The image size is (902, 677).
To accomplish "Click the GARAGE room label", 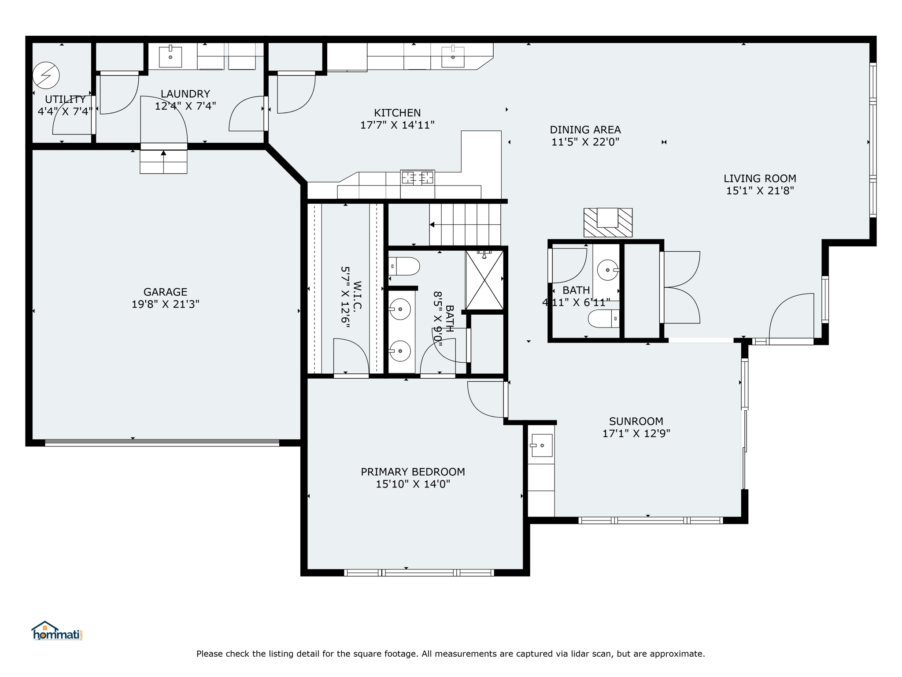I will [x=165, y=292].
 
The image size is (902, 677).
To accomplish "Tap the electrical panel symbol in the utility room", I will [x=46, y=75].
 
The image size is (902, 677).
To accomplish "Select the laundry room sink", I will [x=170, y=57].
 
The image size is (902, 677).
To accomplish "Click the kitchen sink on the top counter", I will [x=453, y=57].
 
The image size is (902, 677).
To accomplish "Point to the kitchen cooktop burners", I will [x=417, y=178].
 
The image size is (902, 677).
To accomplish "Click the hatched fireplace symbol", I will [x=608, y=223].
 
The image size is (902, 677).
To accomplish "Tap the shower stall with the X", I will [x=484, y=280].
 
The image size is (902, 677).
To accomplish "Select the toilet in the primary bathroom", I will [x=404, y=266].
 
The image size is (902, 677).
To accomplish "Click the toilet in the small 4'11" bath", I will [x=604, y=318].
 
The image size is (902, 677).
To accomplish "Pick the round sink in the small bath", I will [x=608, y=270].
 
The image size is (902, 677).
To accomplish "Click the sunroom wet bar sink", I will [x=541, y=445].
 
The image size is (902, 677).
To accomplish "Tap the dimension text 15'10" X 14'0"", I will [x=413, y=484].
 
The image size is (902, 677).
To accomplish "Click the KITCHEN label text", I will [x=397, y=113].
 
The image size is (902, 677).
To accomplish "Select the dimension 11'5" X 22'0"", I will [x=585, y=142].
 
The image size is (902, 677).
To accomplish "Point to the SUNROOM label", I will [x=636, y=421].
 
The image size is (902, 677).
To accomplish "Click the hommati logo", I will [x=57, y=632].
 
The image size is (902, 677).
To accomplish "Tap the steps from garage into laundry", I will [x=163, y=162].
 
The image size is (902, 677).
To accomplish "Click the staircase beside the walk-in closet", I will [x=465, y=225].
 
